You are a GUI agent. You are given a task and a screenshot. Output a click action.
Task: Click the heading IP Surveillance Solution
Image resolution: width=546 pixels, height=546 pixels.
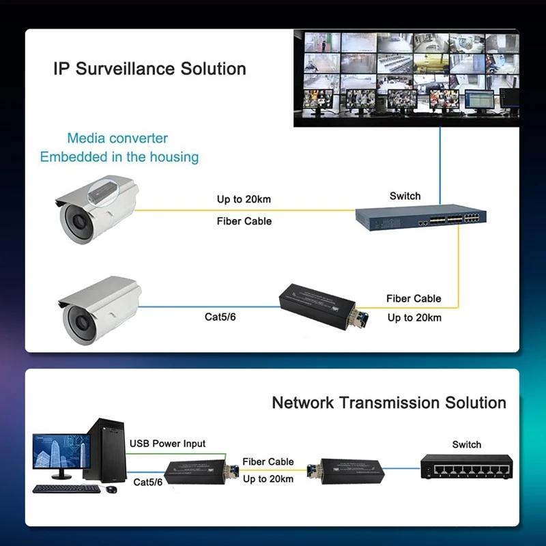click(x=149, y=69)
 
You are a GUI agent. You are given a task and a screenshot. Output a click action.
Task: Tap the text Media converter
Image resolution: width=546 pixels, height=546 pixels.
click(x=117, y=139)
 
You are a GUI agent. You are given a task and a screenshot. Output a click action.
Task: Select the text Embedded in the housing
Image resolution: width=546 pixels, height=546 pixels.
click(x=119, y=157)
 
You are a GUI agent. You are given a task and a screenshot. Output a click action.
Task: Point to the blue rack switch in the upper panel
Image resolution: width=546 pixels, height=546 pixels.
click(x=420, y=217)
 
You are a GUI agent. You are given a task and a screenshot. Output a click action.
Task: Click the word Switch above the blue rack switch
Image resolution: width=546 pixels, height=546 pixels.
click(x=405, y=196)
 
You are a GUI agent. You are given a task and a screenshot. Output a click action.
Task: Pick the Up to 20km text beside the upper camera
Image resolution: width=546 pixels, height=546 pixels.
click(x=244, y=199)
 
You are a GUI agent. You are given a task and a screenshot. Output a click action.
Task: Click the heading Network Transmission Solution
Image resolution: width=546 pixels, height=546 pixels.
click(x=389, y=403)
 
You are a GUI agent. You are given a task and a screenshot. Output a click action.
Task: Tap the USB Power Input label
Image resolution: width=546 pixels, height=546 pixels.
click(x=167, y=444)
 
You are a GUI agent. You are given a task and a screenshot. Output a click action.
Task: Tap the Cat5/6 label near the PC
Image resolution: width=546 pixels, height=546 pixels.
click(x=148, y=483)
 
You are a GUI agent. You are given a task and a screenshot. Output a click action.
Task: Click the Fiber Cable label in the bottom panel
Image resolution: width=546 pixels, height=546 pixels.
click(x=268, y=461)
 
